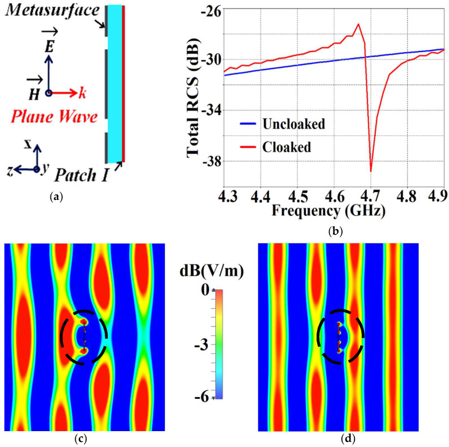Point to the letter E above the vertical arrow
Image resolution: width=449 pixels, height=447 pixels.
click(50, 48)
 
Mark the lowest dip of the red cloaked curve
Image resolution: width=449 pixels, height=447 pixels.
click(371, 171)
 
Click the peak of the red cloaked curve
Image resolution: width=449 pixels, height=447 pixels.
click(358, 24)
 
